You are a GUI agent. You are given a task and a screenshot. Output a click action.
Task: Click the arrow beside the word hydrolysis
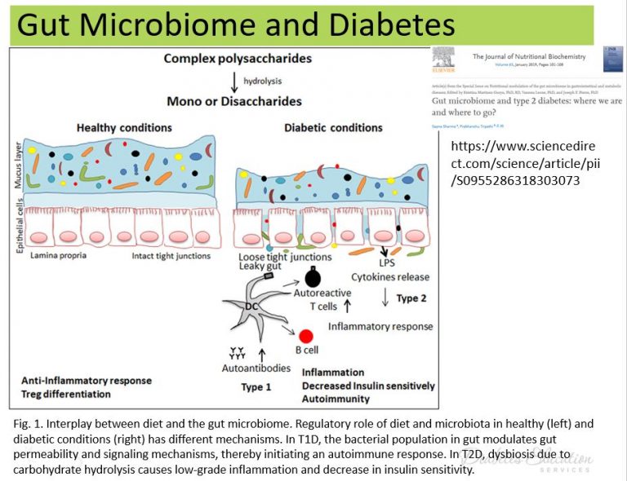click(x=234, y=81)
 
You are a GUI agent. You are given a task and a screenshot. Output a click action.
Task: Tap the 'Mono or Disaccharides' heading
click(x=233, y=101)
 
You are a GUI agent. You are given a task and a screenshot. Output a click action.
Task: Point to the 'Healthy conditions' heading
click(x=124, y=128)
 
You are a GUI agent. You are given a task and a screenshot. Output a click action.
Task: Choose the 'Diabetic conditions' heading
click(x=333, y=128)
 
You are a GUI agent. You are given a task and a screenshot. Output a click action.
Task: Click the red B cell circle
click(x=306, y=336)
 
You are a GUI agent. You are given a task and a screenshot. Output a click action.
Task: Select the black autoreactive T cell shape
click(x=312, y=277)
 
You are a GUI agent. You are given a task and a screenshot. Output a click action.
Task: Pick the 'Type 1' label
click(x=256, y=386)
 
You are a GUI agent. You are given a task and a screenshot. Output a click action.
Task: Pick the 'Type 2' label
click(x=411, y=299)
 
